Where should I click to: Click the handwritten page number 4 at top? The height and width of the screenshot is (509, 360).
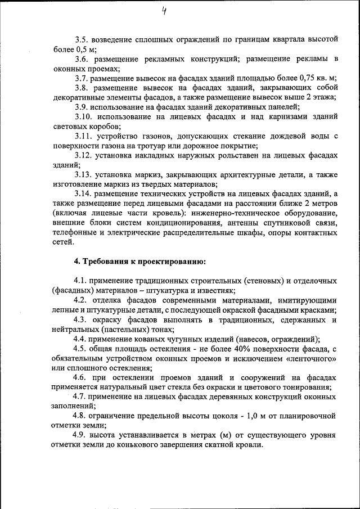click(x=163, y=10)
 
